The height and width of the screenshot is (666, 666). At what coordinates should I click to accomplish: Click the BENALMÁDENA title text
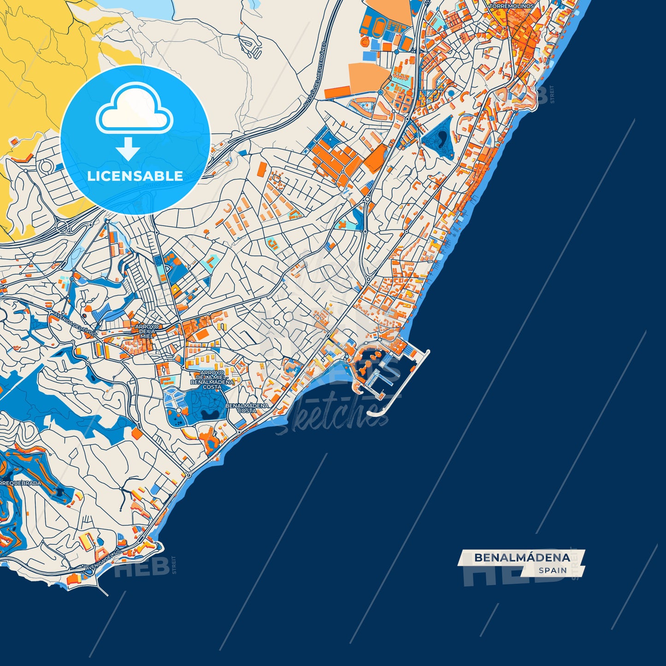pos(522,558)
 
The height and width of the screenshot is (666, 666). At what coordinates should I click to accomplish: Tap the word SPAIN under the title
pos(553,570)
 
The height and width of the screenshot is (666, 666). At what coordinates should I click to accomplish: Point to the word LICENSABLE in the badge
pos(135,176)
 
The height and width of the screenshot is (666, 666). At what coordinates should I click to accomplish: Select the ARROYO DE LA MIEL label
pos(147,331)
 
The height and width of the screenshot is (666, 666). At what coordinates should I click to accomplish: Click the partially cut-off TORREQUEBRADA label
pos(21,483)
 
